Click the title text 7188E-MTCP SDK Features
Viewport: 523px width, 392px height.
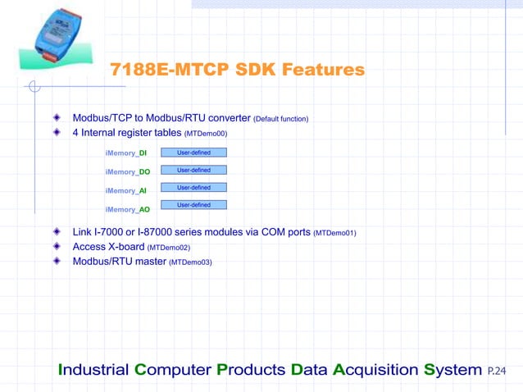pos(238,71)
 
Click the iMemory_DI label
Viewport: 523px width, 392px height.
pos(126,153)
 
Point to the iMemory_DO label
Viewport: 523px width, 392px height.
pos(127,172)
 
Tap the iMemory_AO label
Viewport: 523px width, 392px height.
pos(127,210)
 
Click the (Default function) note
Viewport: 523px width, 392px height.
pos(281,120)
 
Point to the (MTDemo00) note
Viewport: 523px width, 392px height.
pos(206,133)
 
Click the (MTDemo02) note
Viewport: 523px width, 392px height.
pos(169,248)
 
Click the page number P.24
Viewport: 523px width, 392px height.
pos(497,371)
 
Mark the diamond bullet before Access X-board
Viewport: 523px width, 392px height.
pos(57,246)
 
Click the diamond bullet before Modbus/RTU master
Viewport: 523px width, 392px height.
pos(57,261)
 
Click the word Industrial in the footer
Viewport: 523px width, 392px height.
pos(94,370)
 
